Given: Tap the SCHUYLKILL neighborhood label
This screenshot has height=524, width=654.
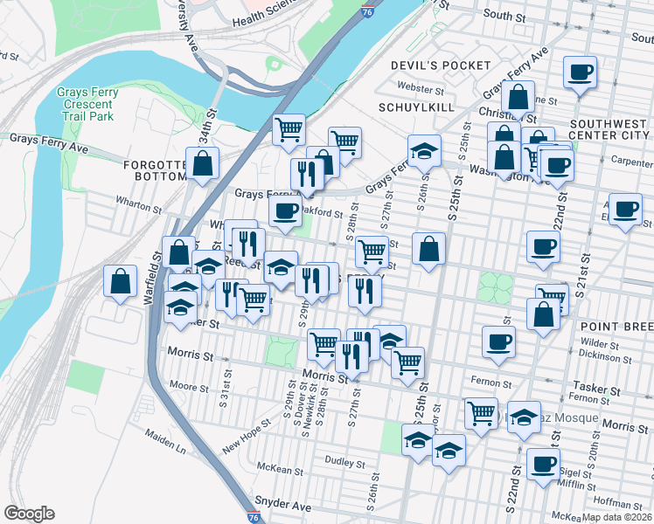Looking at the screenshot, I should click(x=414, y=107).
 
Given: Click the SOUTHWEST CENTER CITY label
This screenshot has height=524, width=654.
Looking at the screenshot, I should click(x=609, y=129).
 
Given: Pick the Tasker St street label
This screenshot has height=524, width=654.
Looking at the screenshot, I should click(x=595, y=385).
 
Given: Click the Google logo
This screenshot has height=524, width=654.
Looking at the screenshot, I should click(x=29, y=514).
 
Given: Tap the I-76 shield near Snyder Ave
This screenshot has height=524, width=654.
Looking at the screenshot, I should click(x=254, y=517).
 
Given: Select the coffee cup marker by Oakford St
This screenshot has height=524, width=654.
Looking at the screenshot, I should click(x=285, y=210).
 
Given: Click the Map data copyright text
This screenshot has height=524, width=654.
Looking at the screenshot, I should click(x=616, y=516).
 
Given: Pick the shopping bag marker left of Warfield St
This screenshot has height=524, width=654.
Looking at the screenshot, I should click(x=120, y=281).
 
